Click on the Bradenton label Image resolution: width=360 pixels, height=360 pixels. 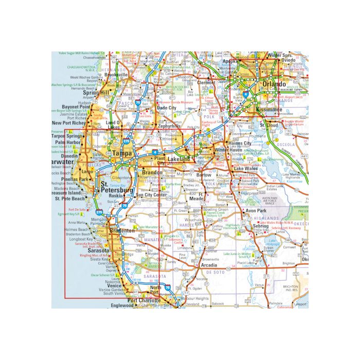(122, 231)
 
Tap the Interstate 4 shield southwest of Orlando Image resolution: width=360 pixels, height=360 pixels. (247, 95)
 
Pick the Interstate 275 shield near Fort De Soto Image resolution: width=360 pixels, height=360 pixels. (98, 211)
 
